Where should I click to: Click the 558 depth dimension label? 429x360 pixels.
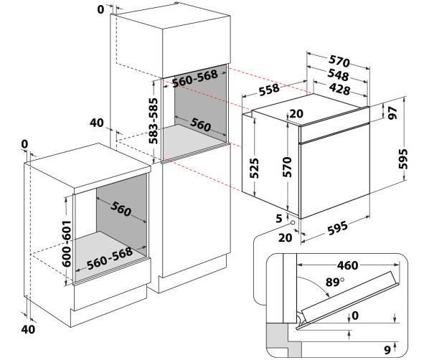[269, 90]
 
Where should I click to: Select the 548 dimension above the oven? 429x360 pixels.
[338, 75]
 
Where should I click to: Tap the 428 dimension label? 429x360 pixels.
[339, 89]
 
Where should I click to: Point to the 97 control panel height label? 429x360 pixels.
[392, 113]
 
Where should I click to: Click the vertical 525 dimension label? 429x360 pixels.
[254, 169]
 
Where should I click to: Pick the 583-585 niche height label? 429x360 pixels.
[154, 120]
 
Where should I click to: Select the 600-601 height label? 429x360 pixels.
[67, 243]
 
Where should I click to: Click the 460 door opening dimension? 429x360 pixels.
[347, 265]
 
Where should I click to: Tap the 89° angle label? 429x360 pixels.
[334, 282]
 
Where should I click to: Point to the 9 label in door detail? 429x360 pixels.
[387, 350]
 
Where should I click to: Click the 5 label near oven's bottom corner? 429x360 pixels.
[279, 219]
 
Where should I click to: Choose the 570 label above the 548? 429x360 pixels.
[339, 61]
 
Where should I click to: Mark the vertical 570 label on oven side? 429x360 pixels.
[287, 166]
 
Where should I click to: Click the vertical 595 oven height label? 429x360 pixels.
[403, 158]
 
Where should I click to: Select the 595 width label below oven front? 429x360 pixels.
[338, 228]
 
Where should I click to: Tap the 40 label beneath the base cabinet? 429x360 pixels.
[28, 329]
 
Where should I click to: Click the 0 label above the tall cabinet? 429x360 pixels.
[100, 9]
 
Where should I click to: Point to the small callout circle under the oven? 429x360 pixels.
[293, 223]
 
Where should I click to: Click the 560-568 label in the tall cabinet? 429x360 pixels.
[195, 78]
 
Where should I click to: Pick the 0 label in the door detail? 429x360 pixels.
[355, 316]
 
